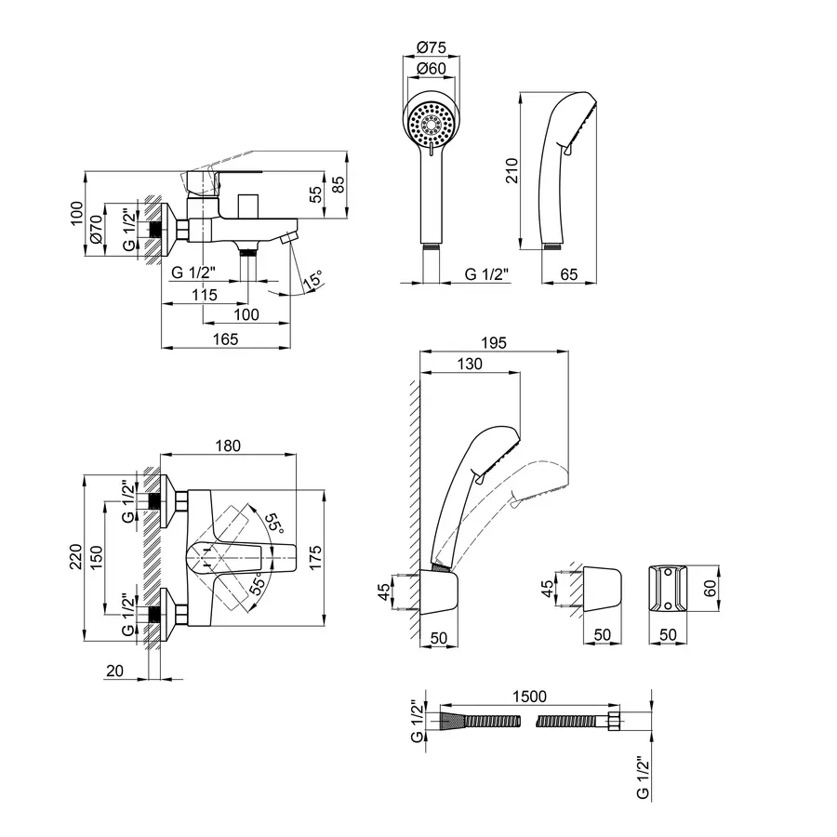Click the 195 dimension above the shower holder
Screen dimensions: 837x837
[x=495, y=343]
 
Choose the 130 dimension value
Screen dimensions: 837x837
[x=470, y=365]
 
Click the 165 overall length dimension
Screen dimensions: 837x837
[x=224, y=339]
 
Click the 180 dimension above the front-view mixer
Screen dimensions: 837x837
[x=229, y=447]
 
